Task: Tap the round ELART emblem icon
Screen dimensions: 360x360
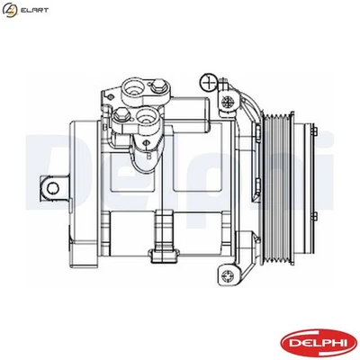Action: coord(11,10)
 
